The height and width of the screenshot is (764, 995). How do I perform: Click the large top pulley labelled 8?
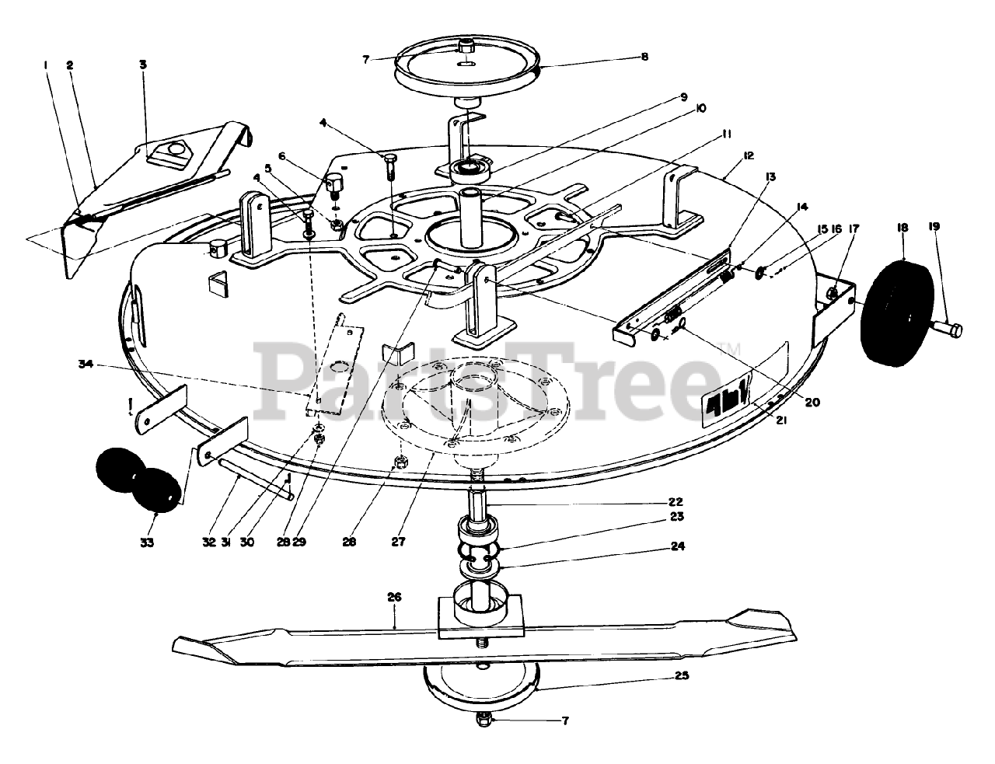466,62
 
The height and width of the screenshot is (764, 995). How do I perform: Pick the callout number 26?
394,598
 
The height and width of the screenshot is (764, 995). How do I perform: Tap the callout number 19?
934,226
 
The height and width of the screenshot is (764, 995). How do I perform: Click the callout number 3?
143,65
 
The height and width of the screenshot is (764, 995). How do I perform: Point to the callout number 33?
147,542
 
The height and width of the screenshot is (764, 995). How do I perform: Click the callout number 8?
644,57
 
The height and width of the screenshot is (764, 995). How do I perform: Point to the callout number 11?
726,134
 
